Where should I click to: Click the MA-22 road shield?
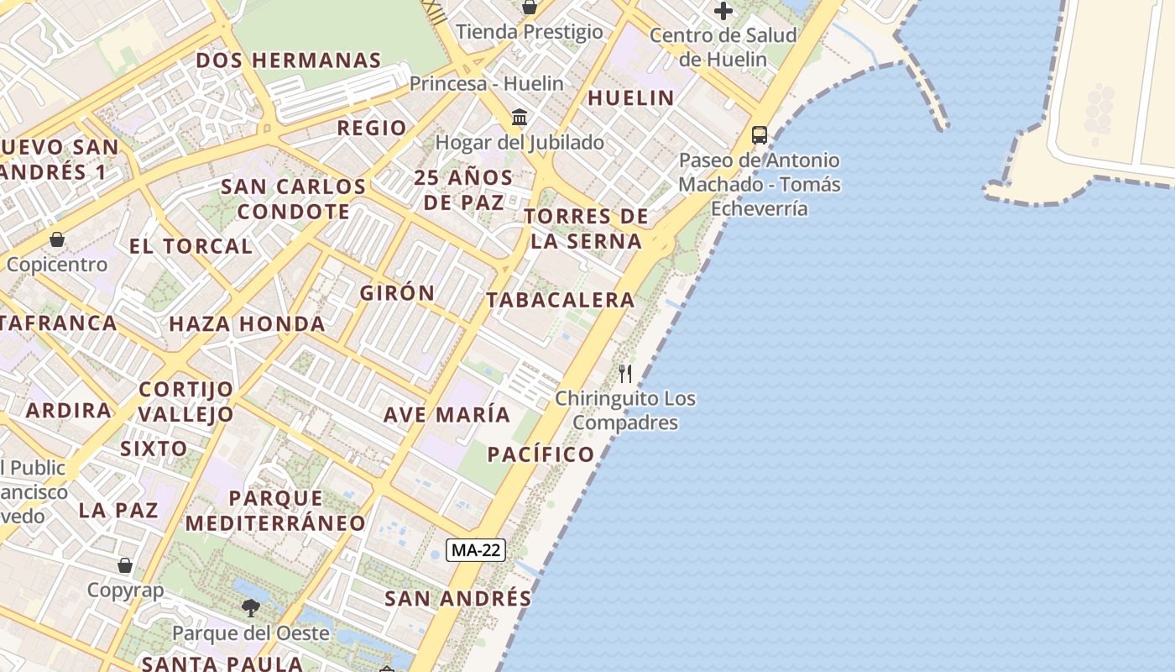[475, 550]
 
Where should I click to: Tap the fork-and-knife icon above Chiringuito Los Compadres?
[625, 373]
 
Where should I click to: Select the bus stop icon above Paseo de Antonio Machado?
[759, 134]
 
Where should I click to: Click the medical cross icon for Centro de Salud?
[723, 11]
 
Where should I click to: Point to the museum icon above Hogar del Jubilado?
[520, 117]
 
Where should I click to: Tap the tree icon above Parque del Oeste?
[250, 607]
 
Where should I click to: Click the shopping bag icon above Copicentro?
[57, 239]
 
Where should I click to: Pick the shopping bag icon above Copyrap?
[125, 565]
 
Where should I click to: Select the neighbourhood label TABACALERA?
[560, 300]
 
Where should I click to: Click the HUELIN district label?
[630, 97]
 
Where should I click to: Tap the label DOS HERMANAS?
[289, 60]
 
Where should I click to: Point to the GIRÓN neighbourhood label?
[397, 293]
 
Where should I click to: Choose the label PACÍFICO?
[540, 454]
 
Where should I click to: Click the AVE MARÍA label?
[446, 414]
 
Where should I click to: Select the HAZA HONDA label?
[247, 323]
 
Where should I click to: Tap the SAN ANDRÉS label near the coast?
[457, 598]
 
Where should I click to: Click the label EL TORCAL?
[191, 246]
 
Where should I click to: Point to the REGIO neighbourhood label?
[372, 128]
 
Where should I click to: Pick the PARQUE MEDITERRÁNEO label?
[275, 511]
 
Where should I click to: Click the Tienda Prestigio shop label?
[530, 32]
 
